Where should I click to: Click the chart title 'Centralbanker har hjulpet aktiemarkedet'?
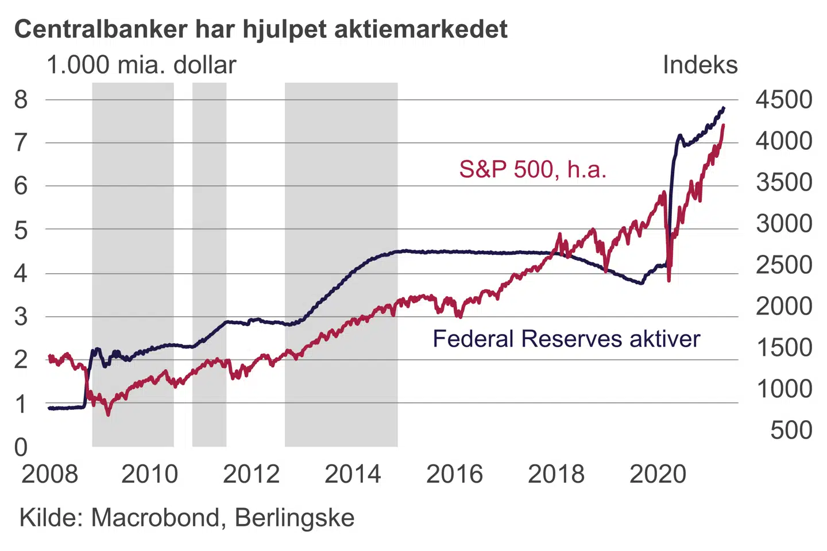(x=261, y=29)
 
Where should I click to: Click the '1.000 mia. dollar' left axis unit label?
(x=141, y=65)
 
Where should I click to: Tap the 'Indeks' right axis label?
(x=700, y=65)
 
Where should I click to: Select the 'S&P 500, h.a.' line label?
(x=532, y=169)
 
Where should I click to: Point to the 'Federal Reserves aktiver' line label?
(x=566, y=339)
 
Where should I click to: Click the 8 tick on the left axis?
(x=21, y=100)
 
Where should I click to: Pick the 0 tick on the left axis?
(x=21, y=447)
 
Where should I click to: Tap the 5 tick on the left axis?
(x=21, y=230)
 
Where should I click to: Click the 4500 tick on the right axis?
(x=783, y=100)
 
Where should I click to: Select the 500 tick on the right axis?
(x=791, y=430)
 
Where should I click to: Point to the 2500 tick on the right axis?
(x=783, y=265)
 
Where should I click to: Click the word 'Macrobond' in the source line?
(x=155, y=518)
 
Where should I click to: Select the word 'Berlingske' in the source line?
(x=295, y=518)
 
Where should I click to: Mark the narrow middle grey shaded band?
(x=209, y=264)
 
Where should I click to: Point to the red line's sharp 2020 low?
(x=669, y=280)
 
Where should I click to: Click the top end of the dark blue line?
(x=724, y=108)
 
